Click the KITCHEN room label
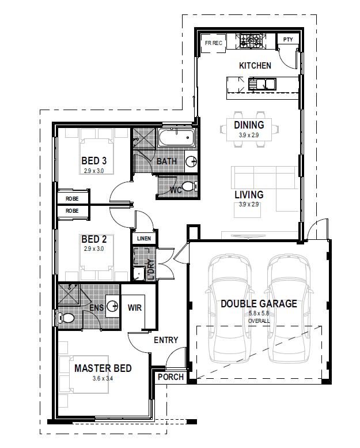[x=255, y=66]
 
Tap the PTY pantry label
[x=288, y=40]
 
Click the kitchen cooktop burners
[x=251, y=41]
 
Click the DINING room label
[x=249, y=125]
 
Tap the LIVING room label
[x=249, y=195]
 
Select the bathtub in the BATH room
[x=176, y=139]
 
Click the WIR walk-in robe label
[x=135, y=307]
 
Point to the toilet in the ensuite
[x=66, y=318]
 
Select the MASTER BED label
[x=103, y=368]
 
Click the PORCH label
[x=170, y=377]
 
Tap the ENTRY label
[x=166, y=340]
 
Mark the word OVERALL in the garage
[x=259, y=321]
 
